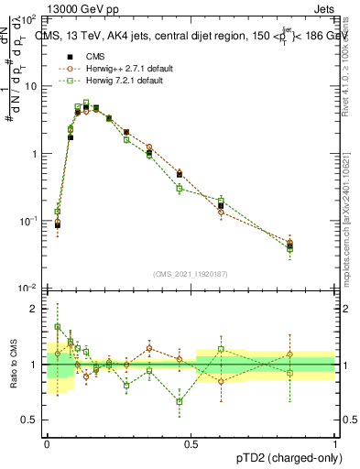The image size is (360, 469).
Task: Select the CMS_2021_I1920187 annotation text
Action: (191, 273)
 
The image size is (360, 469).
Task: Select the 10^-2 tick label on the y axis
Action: (27, 289)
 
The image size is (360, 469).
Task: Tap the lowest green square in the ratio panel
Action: (180, 401)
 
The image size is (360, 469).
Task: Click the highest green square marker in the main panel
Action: (86, 103)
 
